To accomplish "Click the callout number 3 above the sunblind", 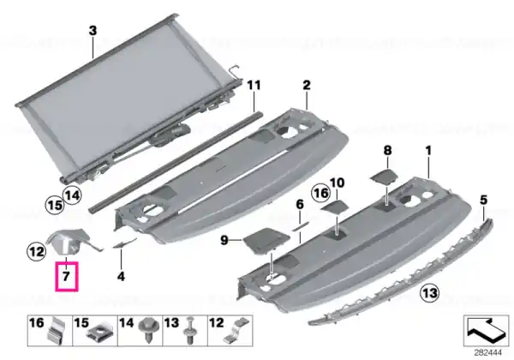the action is [93, 31].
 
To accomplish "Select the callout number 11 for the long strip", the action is [254, 85].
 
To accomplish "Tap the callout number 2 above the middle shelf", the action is [306, 85].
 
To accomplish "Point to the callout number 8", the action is [387, 151].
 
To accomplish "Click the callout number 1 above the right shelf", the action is [428, 151].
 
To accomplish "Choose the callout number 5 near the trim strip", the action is [483, 200].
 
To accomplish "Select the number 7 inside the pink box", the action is [66, 276].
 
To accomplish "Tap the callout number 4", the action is [121, 276].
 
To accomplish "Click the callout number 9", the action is [224, 240].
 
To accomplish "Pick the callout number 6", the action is [300, 205].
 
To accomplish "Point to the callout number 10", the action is [338, 183].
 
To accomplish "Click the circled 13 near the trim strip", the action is [430, 292].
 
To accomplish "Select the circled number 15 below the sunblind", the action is [55, 205].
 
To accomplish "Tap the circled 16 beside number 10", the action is [321, 193].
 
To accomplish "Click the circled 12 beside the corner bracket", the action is [36, 252].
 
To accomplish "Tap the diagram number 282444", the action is [487, 353].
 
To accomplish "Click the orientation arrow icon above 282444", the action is [486, 329].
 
